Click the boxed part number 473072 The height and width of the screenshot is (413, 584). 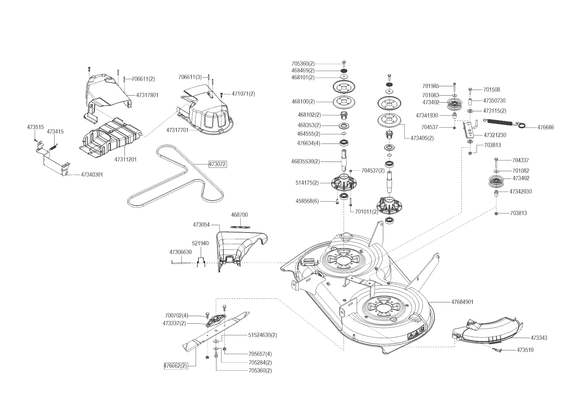click(217, 164)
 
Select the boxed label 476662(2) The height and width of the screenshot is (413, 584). click(175, 366)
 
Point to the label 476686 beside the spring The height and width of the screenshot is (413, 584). click(546, 127)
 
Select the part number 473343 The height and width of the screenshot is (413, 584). click(539, 338)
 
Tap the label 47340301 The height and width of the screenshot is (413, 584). click(92, 175)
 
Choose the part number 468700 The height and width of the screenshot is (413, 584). click(239, 215)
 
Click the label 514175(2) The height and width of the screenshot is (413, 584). click(307, 183)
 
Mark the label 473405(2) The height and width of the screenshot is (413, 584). click(422, 138)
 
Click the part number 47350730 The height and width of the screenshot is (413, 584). click(494, 101)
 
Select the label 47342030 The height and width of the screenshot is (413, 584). click(521, 192)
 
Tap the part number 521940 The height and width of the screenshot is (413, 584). click(200, 243)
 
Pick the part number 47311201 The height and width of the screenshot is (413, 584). click(126, 160)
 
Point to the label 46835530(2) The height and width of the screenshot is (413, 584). click(305, 162)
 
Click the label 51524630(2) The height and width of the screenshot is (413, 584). click(262, 335)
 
